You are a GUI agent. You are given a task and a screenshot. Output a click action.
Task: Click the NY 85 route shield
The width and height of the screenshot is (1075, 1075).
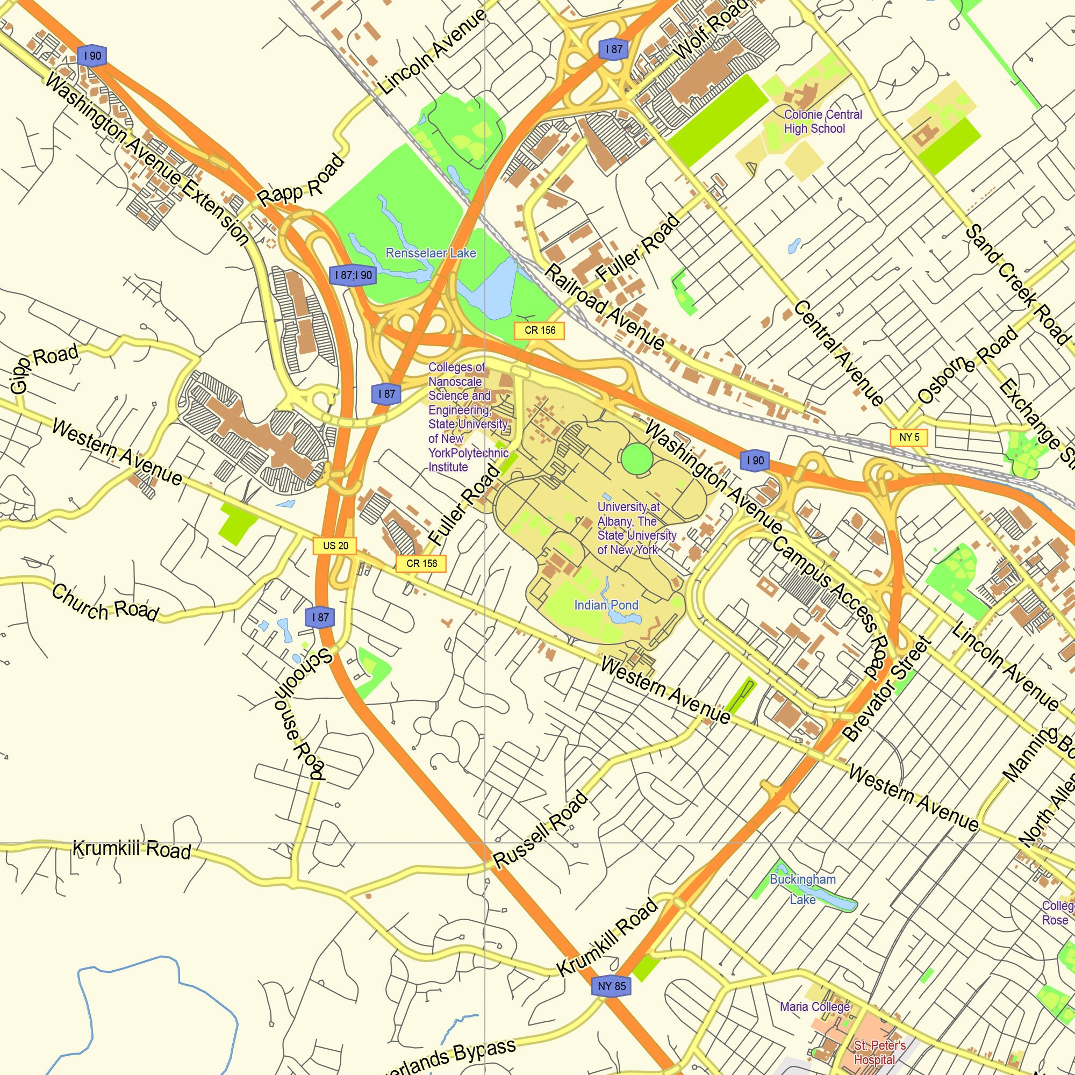click(612, 986)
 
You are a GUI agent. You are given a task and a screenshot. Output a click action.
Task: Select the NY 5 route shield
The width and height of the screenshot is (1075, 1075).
click(908, 437)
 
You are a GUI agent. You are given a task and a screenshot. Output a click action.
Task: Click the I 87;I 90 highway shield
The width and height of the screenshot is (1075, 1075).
click(353, 275)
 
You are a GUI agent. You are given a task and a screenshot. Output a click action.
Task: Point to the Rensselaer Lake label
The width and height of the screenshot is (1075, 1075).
click(431, 253)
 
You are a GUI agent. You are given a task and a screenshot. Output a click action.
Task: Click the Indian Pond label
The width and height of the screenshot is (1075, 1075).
click(606, 605)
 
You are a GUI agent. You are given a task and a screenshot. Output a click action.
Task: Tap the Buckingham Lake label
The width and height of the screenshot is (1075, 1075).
click(802, 888)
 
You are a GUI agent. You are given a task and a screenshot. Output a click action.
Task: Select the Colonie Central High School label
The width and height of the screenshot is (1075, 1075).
click(822, 121)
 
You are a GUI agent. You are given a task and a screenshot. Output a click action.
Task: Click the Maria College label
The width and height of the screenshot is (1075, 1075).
click(815, 1007)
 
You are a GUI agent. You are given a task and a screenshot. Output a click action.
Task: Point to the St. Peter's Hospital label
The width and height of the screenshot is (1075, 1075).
click(879, 1052)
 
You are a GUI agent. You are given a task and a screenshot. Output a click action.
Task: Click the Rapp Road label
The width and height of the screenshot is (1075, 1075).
click(301, 181)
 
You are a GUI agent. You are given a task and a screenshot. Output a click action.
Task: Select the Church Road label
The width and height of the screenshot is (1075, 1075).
click(105, 602)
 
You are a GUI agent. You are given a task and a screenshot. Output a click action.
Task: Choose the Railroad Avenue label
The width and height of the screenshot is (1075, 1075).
click(604, 307)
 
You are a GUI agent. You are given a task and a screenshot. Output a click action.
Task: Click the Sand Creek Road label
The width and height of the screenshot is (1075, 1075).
click(1017, 284)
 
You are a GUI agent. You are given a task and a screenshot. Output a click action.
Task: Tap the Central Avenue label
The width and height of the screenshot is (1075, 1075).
click(838, 353)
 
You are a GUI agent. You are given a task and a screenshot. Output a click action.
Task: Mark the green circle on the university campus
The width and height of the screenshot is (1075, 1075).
click(636, 458)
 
